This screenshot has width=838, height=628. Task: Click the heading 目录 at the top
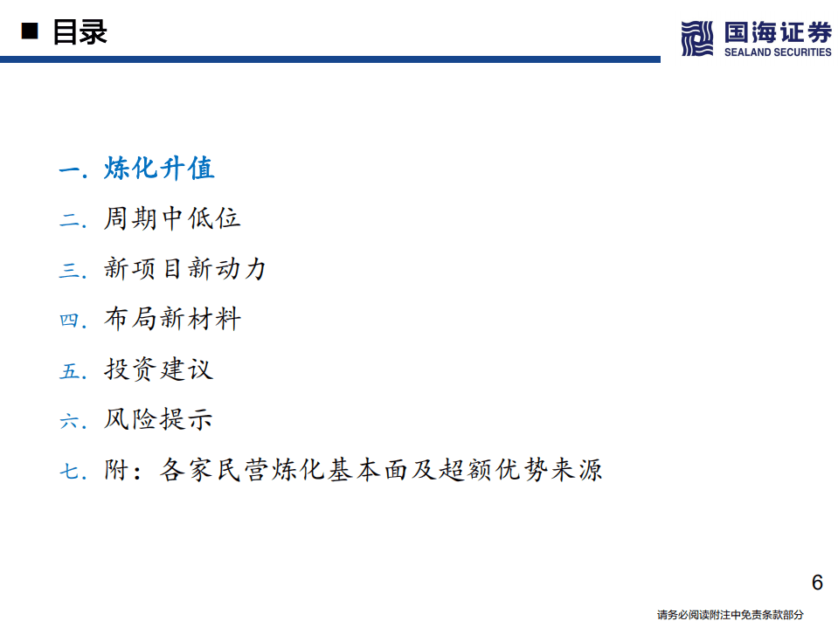coord(80,32)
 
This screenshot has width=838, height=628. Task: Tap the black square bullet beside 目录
coord(31,33)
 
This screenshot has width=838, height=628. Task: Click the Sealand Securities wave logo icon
coord(697,38)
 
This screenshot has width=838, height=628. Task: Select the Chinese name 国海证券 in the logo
coord(778,32)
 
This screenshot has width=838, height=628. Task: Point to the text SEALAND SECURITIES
coord(778,52)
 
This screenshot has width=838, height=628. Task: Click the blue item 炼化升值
coord(159,168)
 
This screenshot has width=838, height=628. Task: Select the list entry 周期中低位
coord(172,218)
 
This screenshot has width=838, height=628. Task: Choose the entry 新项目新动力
coord(185,268)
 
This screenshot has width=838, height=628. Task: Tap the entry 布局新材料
coord(172,319)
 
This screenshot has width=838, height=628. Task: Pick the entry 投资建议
coord(159,369)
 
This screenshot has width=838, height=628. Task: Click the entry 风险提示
coord(159,419)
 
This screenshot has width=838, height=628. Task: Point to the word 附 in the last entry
coord(116,470)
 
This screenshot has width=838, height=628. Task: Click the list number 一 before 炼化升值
coord(69,169)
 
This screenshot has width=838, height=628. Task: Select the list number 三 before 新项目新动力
coord(69,270)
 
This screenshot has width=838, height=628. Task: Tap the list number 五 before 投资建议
coord(69,370)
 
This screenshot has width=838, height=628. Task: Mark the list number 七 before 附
coord(69,472)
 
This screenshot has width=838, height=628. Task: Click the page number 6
coord(817,583)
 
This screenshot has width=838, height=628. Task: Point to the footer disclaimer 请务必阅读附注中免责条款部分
coord(730,615)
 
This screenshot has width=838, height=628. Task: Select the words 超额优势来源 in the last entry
coord(523,470)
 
